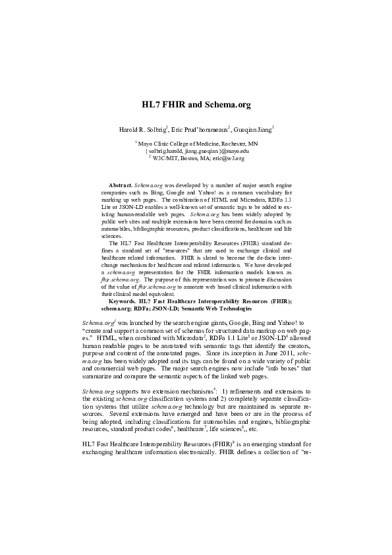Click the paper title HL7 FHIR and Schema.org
(x=197, y=105)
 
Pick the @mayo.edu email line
(x=197, y=151)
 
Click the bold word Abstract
(x=121, y=187)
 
